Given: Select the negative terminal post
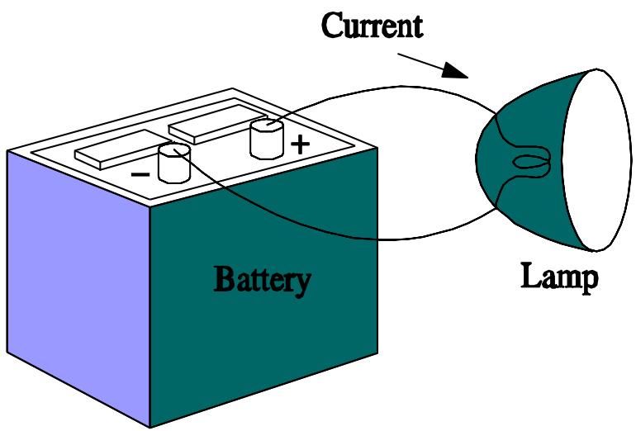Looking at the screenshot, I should pos(173,163).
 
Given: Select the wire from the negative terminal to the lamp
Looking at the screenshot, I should pos(372,238).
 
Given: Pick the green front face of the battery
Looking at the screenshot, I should pos(264,347).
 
